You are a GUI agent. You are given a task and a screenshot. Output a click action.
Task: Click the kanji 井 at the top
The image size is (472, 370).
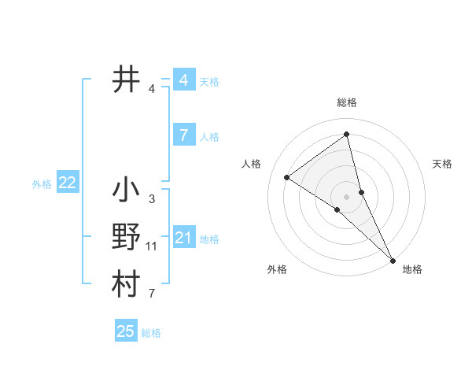[x=126, y=80]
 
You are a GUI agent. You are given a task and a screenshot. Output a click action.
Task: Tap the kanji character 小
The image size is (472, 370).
[x=126, y=191]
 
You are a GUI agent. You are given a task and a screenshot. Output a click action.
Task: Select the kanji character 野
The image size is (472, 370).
[x=126, y=238]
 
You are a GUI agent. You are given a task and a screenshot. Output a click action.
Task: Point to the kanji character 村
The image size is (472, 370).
[x=126, y=284]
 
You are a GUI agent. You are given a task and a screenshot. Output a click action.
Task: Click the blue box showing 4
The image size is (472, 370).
[x=183, y=80]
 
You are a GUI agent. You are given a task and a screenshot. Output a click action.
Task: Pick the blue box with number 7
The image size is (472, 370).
[x=183, y=135]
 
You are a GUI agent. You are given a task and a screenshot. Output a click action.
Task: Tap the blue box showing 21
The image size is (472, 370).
[x=183, y=238]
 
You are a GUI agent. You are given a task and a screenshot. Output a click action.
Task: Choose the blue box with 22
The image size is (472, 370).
[x=67, y=183]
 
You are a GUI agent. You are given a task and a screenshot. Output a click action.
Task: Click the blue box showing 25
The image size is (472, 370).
[x=126, y=331]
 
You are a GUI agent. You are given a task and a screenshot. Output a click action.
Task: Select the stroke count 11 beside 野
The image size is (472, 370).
[x=152, y=246]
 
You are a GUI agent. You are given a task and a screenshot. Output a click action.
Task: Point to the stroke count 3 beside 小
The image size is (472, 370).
[x=151, y=199]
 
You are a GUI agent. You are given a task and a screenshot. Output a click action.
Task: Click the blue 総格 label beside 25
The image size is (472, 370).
[x=152, y=333]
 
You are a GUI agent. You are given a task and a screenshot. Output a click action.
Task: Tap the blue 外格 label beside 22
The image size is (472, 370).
[x=42, y=184]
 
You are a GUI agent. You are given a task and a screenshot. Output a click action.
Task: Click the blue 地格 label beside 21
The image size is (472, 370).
[x=210, y=239]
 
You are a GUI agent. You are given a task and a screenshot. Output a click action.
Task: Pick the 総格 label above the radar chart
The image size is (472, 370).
[x=347, y=102]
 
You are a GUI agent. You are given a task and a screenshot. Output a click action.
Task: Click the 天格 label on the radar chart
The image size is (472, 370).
[x=443, y=164]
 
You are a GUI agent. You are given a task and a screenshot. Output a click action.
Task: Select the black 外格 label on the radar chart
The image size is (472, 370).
[x=277, y=269]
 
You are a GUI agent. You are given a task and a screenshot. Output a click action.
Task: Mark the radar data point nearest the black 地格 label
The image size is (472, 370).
[x=392, y=259]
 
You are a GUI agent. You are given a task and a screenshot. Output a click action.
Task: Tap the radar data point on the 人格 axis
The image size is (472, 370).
[x=287, y=178]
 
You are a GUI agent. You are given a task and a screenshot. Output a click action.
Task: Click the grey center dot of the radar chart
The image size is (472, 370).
[x=347, y=196]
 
